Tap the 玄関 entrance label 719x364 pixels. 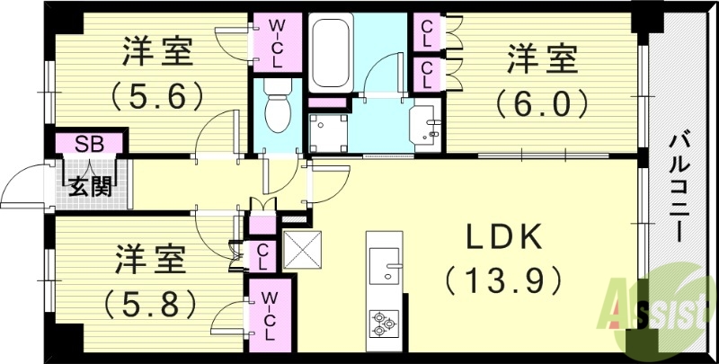pyautogui.click(x=88, y=190)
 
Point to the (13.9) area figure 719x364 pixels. pyautogui.click(x=503, y=280)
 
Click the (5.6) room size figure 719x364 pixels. pyautogui.click(x=158, y=93)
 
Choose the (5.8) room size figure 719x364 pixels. pyautogui.click(x=151, y=302)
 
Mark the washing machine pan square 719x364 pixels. pyautogui.click(x=328, y=133)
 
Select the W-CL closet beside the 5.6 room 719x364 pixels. pyautogui.click(x=277, y=41)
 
